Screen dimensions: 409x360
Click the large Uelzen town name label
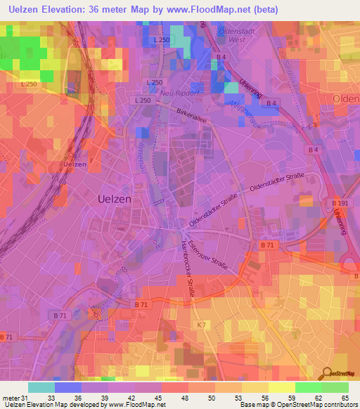coord(112,199)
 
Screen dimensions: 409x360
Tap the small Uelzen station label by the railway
coord(74,164)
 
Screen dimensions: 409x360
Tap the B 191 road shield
coord(340,202)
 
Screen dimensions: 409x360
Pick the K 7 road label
coord(201,324)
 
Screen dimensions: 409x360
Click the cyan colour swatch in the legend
coord(41,387)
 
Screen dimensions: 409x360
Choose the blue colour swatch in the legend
coord(67,387)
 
